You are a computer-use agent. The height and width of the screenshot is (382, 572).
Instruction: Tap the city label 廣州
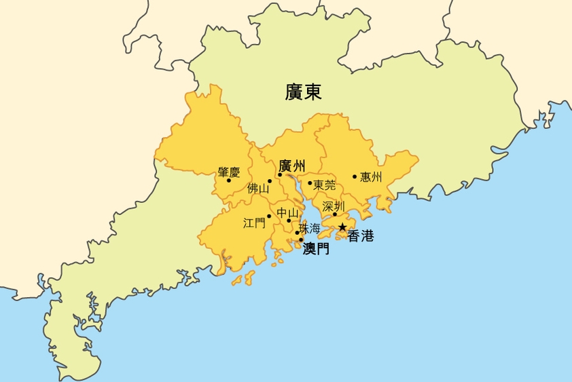pyautogui.click(x=292, y=166)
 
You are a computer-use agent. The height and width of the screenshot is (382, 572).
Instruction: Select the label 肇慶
pyautogui.click(x=229, y=172)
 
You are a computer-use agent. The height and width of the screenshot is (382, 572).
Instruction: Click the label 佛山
pyautogui.click(x=258, y=188)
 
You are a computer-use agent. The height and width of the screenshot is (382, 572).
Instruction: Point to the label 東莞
pyautogui.click(x=325, y=185)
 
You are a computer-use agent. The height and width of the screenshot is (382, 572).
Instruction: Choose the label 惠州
pyautogui.click(x=371, y=177)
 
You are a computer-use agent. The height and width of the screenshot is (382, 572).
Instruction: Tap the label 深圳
pyautogui.click(x=334, y=206)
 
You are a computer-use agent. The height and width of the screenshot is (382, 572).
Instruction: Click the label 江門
pyautogui.click(x=254, y=223)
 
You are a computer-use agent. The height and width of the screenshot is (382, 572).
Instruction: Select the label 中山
pyautogui.click(x=287, y=212)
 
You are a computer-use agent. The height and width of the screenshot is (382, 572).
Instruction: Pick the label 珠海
pyautogui.click(x=310, y=228)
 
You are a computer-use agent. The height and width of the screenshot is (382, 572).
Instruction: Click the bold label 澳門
pyautogui.click(x=316, y=249)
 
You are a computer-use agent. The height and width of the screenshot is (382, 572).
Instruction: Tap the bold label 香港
pyautogui.click(x=361, y=236)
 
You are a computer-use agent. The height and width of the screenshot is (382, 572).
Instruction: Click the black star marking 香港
pyautogui.click(x=343, y=227)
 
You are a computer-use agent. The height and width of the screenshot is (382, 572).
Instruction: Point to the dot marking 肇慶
pyautogui.click(x=229, y=180)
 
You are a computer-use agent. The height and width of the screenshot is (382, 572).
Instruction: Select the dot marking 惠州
pyautogui.click(x=355, y=177)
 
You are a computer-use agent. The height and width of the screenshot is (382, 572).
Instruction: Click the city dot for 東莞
pyautogui.click(x=310, y=183)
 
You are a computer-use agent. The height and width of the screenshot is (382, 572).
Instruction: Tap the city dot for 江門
pyautogui.click(x=270, y=216)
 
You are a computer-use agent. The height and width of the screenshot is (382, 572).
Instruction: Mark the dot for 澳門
pyautogui.click(x=301, y=240)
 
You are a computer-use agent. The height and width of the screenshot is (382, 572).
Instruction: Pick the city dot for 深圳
pyautogui.click(x=335, y=214)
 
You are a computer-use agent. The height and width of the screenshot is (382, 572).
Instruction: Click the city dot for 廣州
pyautogui.click(x=280, y=174)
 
